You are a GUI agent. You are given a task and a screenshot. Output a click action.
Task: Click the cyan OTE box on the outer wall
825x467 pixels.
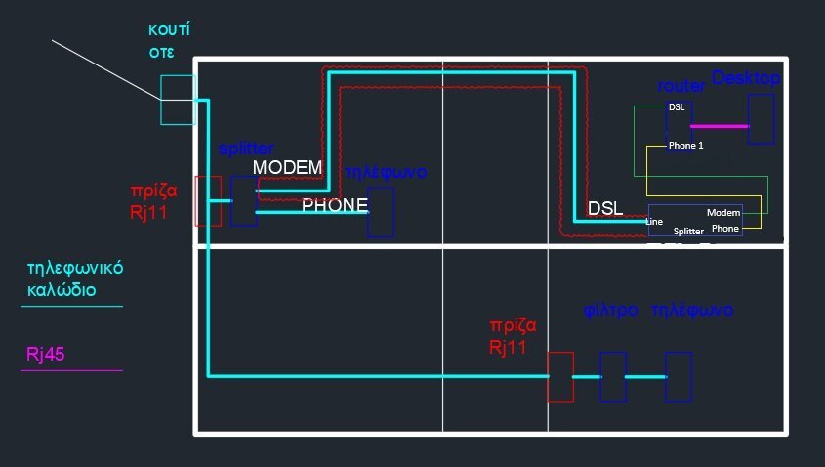178,100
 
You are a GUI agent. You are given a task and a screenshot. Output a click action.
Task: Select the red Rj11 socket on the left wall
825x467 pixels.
208,201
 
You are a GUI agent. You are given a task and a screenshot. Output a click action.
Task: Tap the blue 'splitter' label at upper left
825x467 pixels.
246,149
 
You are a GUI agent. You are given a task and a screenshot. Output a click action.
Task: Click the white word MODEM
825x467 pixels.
287,168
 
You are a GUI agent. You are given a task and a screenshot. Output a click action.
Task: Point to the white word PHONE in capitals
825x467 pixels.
334,206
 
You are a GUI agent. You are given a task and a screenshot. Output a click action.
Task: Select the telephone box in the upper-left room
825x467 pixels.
381,213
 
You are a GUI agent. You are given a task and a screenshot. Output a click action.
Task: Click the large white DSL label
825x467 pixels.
605,208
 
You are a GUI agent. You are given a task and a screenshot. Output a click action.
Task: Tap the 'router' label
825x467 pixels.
681,87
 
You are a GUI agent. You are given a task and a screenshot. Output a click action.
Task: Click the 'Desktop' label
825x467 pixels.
746,77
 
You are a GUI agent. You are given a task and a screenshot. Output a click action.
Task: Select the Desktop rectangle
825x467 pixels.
761,120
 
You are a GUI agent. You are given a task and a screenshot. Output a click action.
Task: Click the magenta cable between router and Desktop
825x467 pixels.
719,126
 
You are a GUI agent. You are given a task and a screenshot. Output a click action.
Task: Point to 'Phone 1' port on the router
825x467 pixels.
685,146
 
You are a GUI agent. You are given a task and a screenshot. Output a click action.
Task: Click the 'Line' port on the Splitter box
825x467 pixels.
654,222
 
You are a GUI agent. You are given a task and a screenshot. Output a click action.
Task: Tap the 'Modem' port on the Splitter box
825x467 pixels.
723,212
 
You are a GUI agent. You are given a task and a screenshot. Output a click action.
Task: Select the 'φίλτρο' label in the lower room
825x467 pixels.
610,310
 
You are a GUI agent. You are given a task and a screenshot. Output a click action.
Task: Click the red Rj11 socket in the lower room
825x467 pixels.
560,376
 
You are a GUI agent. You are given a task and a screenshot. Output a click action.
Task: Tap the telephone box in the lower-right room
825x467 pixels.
678,376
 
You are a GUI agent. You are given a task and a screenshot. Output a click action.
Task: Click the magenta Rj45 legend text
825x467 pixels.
45,355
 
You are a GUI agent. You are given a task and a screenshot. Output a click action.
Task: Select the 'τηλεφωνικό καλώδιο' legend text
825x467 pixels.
75,278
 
